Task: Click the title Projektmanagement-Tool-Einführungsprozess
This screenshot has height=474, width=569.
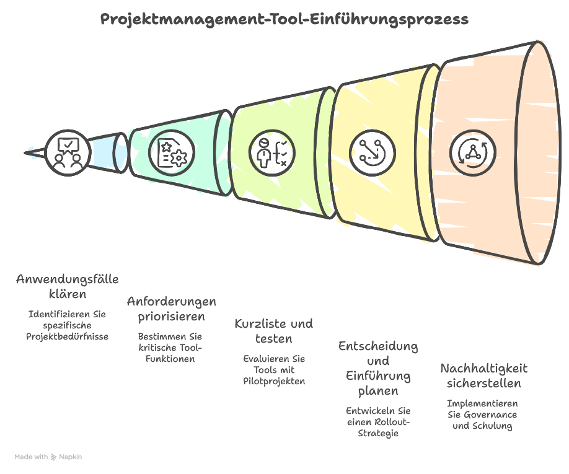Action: tap(284, 19)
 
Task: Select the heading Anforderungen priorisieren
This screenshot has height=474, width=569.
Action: tap(172, 309)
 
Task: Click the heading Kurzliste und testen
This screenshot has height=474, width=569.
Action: tap(273, 331)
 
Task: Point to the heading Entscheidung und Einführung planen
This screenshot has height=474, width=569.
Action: tap(377, 368)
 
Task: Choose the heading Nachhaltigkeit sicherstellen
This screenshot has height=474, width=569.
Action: tap(483, 375)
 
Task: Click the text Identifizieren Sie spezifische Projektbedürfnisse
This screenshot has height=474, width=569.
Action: tap(67, 325)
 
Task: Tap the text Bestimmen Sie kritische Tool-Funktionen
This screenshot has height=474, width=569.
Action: tap(170, 348)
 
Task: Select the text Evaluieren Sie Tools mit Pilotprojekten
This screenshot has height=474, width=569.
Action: tap(274, 370)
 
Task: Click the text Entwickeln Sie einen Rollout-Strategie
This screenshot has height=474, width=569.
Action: tap(377, 422)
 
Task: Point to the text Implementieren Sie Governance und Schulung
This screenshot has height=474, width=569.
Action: tap(482, 415)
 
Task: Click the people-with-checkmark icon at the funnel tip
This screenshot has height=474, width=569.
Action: tap(68, 152)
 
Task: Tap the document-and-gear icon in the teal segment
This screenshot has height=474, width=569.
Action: tap(172, 152)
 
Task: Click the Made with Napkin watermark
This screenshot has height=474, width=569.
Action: tap(48, 457)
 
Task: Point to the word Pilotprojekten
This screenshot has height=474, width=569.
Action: tap(274, 382)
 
